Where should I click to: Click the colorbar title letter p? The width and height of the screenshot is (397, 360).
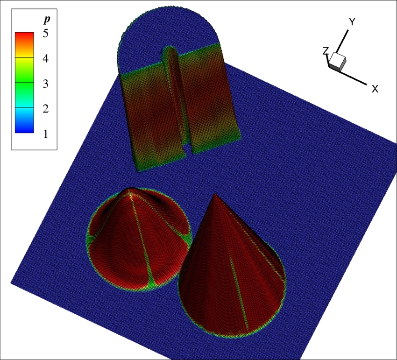tap(46, 20)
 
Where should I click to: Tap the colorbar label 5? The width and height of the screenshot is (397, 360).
tap(46, 33)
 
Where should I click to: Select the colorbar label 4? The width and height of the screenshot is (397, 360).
tap(46, 58)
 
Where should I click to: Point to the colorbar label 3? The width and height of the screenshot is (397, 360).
tap(46, 84)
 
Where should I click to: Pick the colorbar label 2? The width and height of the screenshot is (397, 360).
tap(46, 109)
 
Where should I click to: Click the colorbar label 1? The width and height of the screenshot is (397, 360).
tap(46, 134)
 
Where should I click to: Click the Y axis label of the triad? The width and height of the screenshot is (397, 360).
tap(352, 22)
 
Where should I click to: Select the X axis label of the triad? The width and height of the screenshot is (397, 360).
tap(375, 89)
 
